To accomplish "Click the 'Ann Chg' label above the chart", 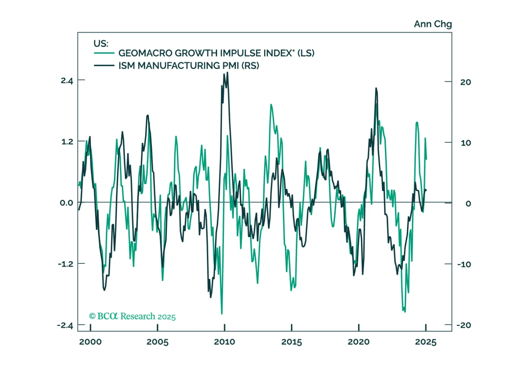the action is click(x=433, y=24).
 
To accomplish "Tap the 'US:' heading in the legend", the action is click(x=101, y=44).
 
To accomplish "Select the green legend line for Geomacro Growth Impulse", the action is click(x=104, y=53).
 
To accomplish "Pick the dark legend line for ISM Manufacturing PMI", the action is click(x=104, y=65).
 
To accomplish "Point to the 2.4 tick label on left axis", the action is click(x=67, y=81).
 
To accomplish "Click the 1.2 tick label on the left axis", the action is click(x=67, y=142).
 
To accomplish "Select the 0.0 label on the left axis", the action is click(x=67, y=203).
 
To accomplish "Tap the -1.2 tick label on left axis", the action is click(x=66, y=264).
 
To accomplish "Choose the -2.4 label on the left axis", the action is click(x=65, y=325).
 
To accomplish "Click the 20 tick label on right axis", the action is click(x=466, y=82).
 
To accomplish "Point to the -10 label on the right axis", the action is click(x=464, y=264).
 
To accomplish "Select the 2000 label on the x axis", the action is click(x=90, y=342).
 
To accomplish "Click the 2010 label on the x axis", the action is click(x=224, y=342).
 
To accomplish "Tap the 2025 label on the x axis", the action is click(x=426, y=342).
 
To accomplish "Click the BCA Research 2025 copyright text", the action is click(x=132, y=316).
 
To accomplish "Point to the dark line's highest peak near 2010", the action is click(x=227, y=72).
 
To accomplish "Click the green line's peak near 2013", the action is click(x=271, y=104).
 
